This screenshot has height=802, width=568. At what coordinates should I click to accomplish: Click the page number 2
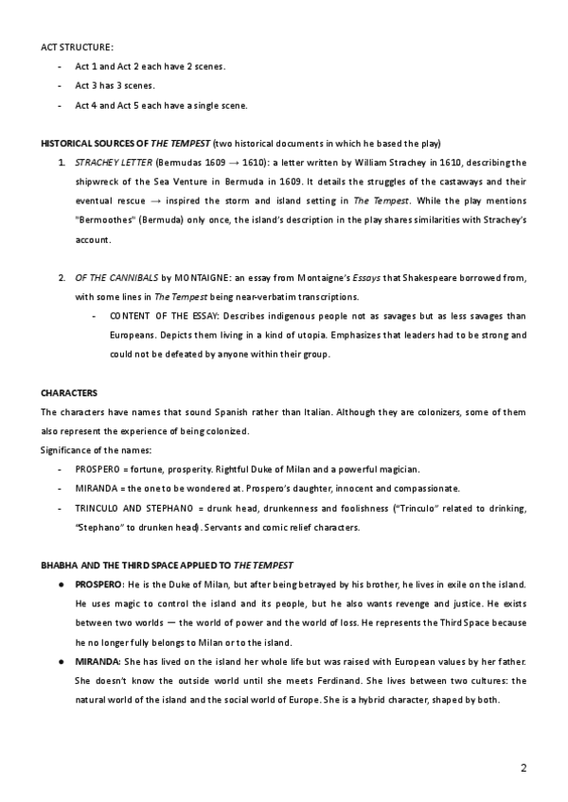[524, 763]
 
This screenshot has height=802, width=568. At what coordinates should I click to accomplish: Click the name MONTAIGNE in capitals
[198, 277]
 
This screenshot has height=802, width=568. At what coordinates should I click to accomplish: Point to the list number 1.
[62, 163]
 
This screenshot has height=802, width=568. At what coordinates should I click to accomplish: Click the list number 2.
[62, 277]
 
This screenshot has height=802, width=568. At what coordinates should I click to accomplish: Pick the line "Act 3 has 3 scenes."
[115, 85]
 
